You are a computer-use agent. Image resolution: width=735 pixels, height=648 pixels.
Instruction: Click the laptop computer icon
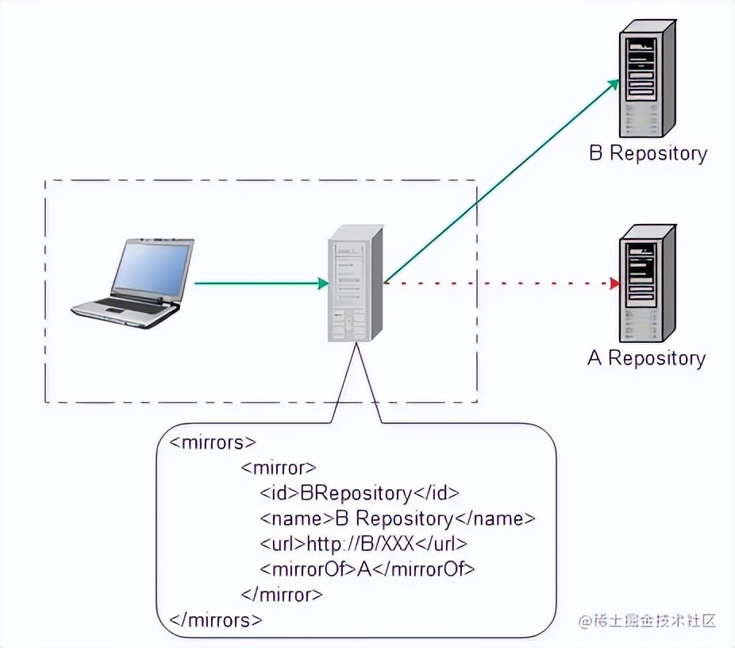click(x=133, y=281)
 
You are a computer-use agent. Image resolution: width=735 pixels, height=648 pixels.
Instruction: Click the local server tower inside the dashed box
click(x=356, y=283)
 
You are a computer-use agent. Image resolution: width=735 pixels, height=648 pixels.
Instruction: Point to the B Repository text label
click(x=648, y=153)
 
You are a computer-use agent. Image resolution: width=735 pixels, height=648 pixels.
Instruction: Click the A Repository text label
click(x=646, y=358)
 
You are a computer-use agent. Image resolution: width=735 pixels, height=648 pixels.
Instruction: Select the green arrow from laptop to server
click(x=262, y=283)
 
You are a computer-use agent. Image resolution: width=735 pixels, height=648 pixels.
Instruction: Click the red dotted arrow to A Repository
click(x=500, y=283)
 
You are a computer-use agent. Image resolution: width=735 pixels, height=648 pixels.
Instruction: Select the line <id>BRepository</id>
click(x=360, y=493)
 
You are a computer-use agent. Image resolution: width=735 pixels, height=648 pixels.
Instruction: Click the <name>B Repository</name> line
click(x=398, y=519)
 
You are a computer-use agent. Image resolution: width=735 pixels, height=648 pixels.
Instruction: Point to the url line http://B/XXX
click(x=364, y=544)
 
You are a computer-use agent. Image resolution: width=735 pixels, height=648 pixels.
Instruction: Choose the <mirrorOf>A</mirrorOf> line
click(x=367, y=569)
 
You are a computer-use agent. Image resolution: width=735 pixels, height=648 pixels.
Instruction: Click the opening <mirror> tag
click(x=278, y=468)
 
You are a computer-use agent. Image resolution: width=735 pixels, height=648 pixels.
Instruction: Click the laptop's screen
click(x=151, y=268)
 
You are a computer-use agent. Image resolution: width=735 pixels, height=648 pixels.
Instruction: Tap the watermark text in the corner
click(x=647, y=620)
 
